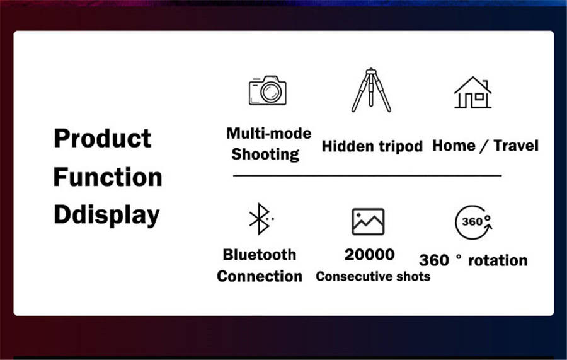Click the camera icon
(x=268, y=90)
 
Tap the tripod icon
(x=371, y=90)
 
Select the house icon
(x=472, y=93)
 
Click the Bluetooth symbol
(x=260, y=219)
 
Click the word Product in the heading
(x=102, y=139)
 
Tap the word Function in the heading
(x=108, y=177)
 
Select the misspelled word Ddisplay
(x=106, y=215)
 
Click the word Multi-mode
(x=268, y=134)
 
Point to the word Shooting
(x=265, y=154)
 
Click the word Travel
(x=516, y=146)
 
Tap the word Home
(x=454, y=146)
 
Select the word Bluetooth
(x=260, y=255)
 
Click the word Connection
(x=260, y=276)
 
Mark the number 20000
(x=369, y=255)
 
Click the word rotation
(x=498, y=260)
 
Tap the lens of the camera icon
(x=271, y=92)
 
